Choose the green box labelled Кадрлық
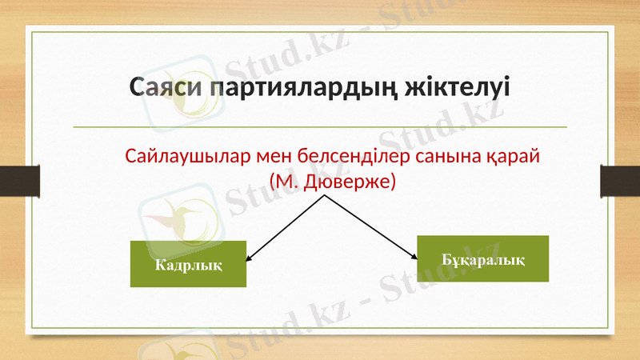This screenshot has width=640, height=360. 188,264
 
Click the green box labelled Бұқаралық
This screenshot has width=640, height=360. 483,259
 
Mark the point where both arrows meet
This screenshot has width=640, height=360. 325,196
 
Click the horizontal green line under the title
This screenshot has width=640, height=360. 320,127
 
